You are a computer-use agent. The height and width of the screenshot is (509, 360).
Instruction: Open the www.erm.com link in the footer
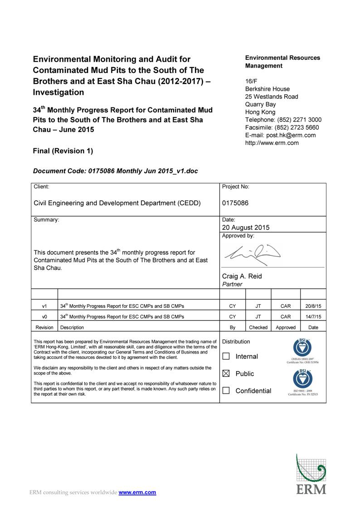point(137,492)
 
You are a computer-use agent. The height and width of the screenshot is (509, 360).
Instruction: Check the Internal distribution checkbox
point(226,357)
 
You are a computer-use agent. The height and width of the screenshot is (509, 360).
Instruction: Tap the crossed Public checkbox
point(226,374)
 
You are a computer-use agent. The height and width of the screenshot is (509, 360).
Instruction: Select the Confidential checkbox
point(226,391)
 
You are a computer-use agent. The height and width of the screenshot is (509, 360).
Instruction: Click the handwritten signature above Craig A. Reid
point(250,253)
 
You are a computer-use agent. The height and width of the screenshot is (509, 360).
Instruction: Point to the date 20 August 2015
point(245,228)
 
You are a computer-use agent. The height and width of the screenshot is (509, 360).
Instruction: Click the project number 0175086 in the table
point(235,203)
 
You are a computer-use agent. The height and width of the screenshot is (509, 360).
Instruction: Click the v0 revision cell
point(44,317)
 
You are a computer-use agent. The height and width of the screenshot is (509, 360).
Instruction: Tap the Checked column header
point(258,327)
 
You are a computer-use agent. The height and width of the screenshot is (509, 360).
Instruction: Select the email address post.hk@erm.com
point(291,135)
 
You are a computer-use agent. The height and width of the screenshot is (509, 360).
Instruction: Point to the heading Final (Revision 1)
point(63,151)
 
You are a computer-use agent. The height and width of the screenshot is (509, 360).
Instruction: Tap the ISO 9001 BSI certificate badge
point(302,382)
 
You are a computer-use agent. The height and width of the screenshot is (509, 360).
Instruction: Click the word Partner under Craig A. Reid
point(232,284)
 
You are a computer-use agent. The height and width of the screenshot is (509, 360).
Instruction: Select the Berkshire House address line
point(268,89)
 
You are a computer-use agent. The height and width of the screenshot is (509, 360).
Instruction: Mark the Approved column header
point(286,327)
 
